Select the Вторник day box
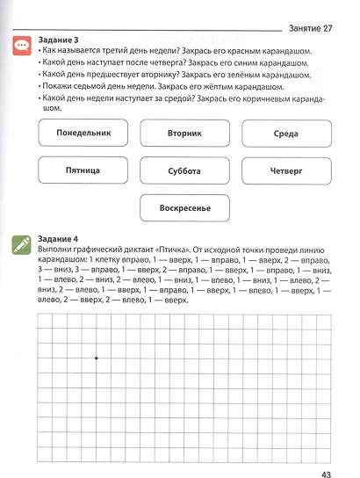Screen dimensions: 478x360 coord(184,134)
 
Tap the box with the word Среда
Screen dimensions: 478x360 coord(287,134)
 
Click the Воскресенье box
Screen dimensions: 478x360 coord(184,208)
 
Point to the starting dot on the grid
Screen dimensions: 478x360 coord(96,358)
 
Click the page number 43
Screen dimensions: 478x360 coord(326,452)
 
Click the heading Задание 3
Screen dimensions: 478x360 coord(59,40)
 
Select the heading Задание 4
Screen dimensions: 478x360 coord(59,239)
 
